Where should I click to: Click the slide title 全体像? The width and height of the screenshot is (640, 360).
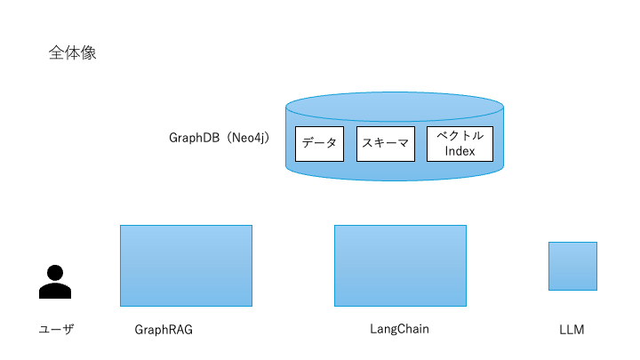tap(72, 53)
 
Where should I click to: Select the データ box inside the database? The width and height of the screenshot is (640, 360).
tap(319, 144)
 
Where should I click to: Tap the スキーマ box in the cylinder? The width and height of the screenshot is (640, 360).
tap(386, 144)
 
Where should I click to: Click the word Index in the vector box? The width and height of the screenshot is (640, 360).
tap(460, 151)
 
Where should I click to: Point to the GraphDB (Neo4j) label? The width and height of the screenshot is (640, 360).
tap(219, 139)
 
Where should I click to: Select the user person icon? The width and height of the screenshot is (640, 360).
tap(55, 282)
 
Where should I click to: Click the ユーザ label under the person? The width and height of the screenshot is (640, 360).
tap(55, 330)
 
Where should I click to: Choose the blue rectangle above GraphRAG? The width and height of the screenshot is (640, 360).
tap(186, 265)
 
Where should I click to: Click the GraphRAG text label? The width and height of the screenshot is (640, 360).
tap(164, 330)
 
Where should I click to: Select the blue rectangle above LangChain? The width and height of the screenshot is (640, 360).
tap(400, 265)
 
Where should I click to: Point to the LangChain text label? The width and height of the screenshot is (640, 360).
tap(399, 329)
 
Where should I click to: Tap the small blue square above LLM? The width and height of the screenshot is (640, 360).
tap(572, 266)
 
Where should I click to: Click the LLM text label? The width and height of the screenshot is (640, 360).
tap(572, 330)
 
